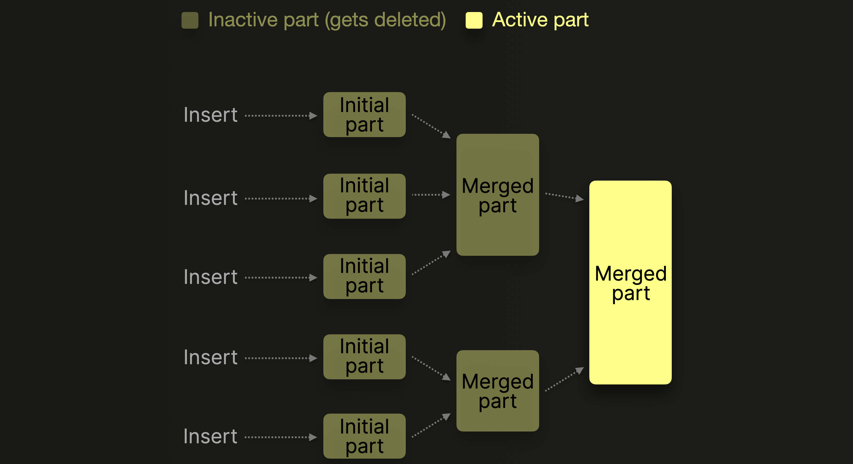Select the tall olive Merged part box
(x=497, y=195)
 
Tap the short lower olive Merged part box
(x=497, y=391)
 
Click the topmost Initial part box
(x=364, y=115)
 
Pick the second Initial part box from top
(x=364, y=196)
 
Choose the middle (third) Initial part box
(x=364, y=276)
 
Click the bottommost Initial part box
(x=364, y=436)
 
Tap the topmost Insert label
(x=211, y=115)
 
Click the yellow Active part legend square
(x=474, y=20)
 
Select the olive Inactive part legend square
(x=190, y=20)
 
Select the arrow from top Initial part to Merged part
(x=431, y=126)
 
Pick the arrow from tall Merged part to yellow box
(x=564, y=196)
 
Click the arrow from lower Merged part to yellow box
(x=564, y=379)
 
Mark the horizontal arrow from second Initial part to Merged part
(x=431, y=195)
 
